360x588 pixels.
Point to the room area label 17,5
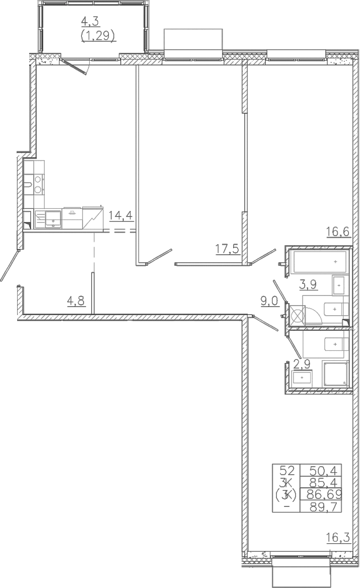tap(227, 249)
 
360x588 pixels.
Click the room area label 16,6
tap(338, 232)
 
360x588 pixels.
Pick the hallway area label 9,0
tap(270, 301)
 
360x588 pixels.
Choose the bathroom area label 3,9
tap(308, 284)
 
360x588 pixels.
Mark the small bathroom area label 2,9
tap(302, 364)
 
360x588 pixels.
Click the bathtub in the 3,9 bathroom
tap(320, 262)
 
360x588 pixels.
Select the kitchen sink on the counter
tap(53, 219)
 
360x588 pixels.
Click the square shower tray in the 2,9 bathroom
tap(335, 374)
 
